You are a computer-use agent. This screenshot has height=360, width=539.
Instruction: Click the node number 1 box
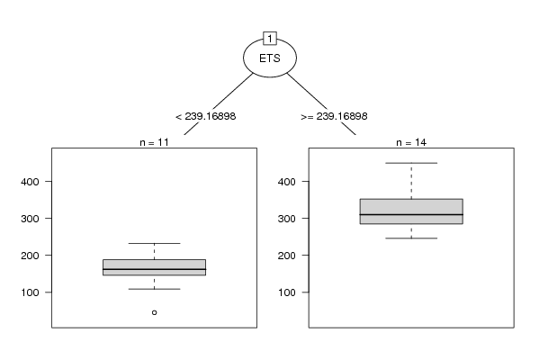click(270, 39)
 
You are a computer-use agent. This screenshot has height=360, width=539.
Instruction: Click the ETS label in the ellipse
click(270, 58)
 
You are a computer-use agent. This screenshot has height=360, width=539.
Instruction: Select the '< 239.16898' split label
click(205, 117)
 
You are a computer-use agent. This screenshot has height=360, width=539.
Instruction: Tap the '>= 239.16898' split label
click(334, 117)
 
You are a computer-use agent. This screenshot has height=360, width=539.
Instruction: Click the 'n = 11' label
click(155, 142)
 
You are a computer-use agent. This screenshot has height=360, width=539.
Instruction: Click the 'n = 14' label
click(411, 142)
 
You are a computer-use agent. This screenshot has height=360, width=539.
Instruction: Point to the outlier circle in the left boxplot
click(155, 312)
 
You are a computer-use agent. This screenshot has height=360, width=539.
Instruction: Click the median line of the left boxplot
click(155, 269)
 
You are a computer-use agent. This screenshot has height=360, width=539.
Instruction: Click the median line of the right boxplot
click(411, 214)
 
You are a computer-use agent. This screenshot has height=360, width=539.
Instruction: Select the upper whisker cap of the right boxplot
click(411, 163)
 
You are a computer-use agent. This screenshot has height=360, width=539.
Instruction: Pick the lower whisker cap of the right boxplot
click(411, 238)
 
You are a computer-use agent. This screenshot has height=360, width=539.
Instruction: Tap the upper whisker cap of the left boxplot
click(155, 243)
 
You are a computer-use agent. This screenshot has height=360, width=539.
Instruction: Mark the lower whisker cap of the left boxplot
click(155, 289)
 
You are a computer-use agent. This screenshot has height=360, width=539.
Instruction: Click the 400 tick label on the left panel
click(30, 182)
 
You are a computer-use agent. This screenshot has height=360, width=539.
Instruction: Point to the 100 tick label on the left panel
click(30, 292)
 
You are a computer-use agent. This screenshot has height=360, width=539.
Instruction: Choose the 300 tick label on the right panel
click(287, 219)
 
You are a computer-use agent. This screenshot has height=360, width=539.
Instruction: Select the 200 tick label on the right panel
click(287, 256)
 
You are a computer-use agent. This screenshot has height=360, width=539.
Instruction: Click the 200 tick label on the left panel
click(30, 256)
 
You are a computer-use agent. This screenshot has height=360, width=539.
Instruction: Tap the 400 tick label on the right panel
click(287, 182)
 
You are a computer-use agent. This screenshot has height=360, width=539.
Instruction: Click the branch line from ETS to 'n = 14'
click(321, 104)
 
